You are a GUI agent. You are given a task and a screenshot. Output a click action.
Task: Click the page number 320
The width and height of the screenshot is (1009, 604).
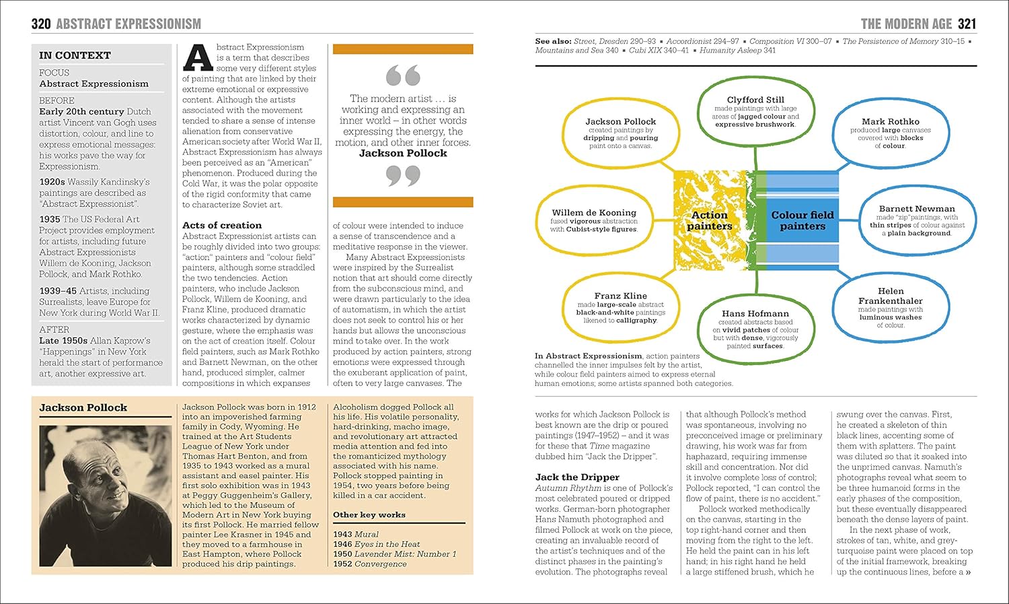(41, 24)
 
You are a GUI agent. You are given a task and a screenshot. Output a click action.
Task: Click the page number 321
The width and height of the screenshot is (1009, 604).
(967, 24)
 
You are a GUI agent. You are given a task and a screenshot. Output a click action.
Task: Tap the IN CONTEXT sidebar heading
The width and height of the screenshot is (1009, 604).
(75, 55)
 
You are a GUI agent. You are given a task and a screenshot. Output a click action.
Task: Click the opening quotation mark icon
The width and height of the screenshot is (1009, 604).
(403, 75)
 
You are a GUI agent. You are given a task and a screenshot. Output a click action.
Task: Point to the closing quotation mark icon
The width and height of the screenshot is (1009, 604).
(403, 176)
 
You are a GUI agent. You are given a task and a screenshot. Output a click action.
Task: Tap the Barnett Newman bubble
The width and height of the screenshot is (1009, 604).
(917, 220)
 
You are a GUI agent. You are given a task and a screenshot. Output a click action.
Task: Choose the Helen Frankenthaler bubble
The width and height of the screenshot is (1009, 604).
(890, 308)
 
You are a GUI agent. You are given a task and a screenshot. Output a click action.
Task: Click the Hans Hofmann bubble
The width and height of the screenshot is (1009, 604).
(755, 329)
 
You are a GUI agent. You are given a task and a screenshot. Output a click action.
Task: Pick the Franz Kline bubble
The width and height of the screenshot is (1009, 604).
(620, 307)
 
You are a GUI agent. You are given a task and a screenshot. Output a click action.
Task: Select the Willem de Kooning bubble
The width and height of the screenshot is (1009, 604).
(593, 220)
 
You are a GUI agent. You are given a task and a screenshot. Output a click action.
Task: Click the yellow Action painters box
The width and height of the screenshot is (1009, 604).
(710, 220)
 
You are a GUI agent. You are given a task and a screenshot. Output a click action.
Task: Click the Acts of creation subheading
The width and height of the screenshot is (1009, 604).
(222, 226)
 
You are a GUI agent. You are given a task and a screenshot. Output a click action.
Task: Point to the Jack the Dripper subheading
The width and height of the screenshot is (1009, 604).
(577, 477)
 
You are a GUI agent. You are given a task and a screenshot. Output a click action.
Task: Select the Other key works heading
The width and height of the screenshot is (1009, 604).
(369, 514)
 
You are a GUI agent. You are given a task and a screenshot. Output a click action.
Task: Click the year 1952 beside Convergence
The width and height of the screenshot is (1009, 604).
(342, 564)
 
